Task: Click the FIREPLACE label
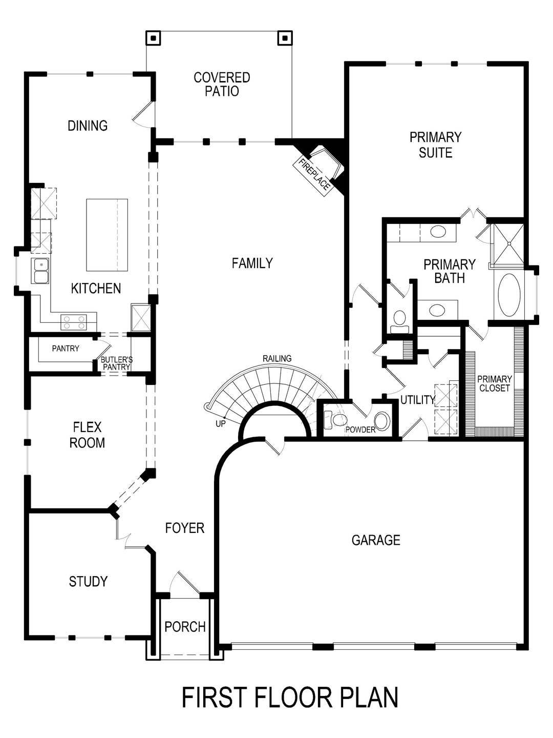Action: pyautogui.click(x=314, y=175)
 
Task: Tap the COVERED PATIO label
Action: pyautogui.click(x=222, y=85)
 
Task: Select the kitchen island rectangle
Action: pyautogui.click(x=107, y=235)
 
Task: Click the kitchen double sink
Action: pyautogui.click(x=40, y=271)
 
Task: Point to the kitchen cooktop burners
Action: pyautogui.click(x=73, y=322)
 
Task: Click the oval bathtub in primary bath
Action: pyautogui.click(x=508, y=295)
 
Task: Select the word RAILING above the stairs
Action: pyautogui.click(x=277, y=358)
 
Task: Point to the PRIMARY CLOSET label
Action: pyautogui.click(x=494, y=383)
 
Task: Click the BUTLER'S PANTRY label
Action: pyautogui.click(x=117, y=363)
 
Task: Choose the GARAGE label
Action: pyautogui.click(x=376, y=540)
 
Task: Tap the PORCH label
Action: pyautogui.click(x=185, y=626)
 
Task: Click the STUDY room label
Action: pyautogui.click(x=88, y=581)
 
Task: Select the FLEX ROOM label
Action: pyautogui.click(x=87, y=435)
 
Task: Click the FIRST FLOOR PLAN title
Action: pyautogui.click(x=290, y=698)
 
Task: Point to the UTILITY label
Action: pyautogui.click(x=417, y=400)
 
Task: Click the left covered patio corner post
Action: pyautogui.click(x=153, y=37)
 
